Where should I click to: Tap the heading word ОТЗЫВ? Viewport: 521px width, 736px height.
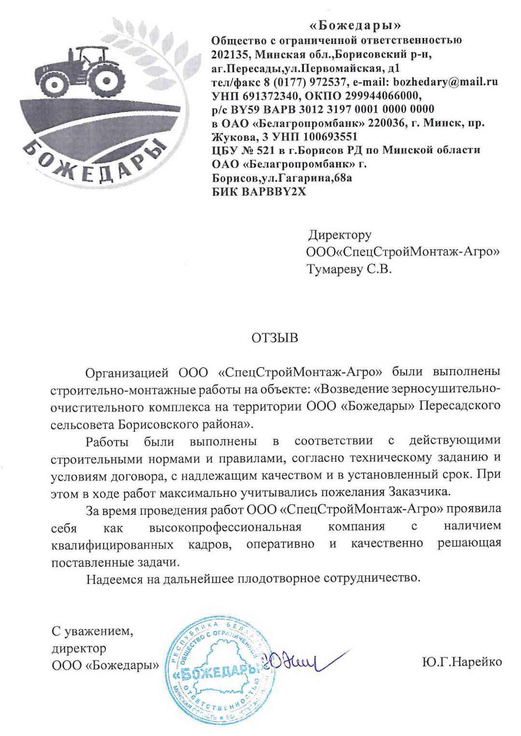pyautogui.click(x=274, y=337)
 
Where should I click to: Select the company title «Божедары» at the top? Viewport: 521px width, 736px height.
pyautogui.click(x=355, y=25)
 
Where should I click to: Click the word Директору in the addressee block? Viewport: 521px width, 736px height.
pyautogui.click(x=340, y=235)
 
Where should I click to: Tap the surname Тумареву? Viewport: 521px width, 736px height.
pyautogui.click(x=334, y=269)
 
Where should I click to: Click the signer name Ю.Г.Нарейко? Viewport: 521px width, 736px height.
pyautogui.click(x=462, y=662)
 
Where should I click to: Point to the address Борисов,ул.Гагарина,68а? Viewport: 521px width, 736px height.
pyautogui.click(x=282, y=178)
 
